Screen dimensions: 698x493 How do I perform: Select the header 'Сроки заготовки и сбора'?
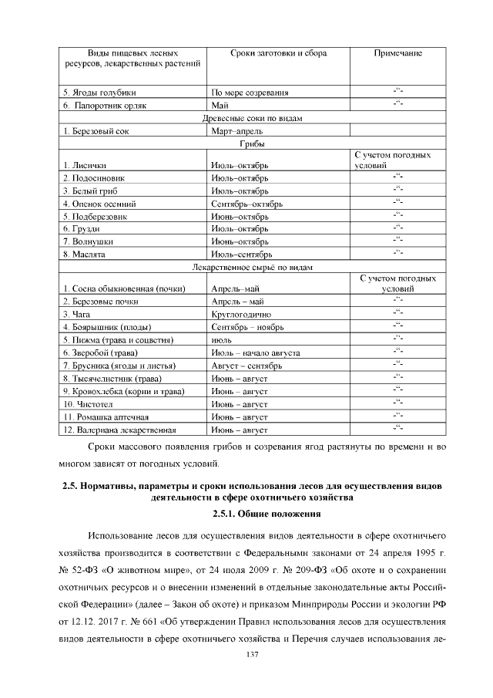point(278,53)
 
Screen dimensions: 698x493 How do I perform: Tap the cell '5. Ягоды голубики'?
point(94,93)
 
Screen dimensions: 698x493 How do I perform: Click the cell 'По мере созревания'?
point(250,93)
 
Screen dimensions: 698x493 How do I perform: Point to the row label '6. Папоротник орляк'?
point(99,106)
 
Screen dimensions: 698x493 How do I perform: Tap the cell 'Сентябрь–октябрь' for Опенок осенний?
point(246,204)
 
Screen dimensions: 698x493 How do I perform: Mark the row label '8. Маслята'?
point(84,254)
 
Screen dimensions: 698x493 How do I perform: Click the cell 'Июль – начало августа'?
point(255,352)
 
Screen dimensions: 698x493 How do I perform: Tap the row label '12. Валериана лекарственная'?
point(120,430)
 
